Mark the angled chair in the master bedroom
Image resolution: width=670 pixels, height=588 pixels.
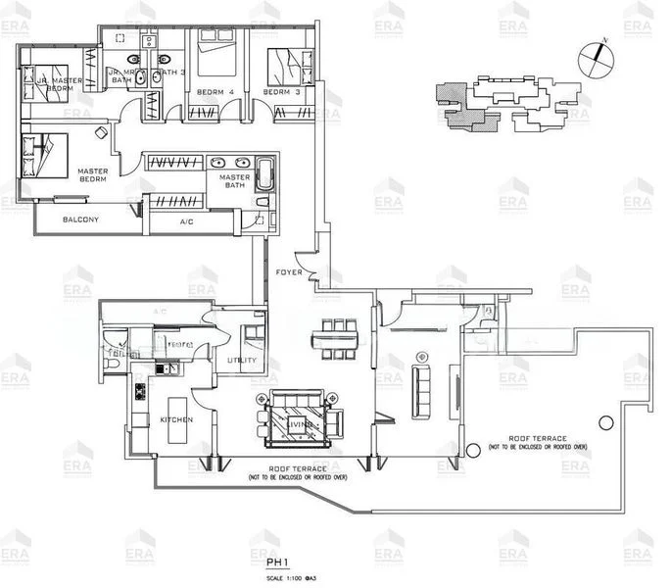[x=101, y=131]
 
